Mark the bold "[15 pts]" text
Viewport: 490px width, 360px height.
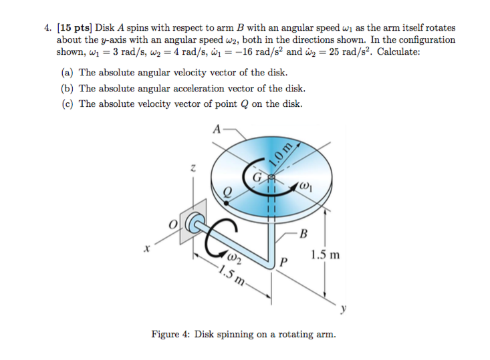75,28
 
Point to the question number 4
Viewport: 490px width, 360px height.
47,28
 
